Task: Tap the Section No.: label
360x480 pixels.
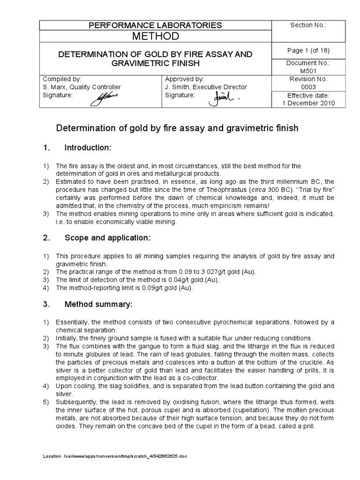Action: pyautogui.click(x=308, y=25)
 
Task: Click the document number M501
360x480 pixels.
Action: pyautogui.click(x=308, y=70)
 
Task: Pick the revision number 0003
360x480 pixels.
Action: pyautogui.click(x=308, y=87)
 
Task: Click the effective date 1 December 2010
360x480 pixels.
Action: pyautogui.click(x=308, y=104)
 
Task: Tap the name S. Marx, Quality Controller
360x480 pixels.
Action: pyautogui.click(x=82, y=87)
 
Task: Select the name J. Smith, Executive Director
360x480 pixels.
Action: pyautogui.click(x=206, y=87)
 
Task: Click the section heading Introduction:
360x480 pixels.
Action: pyautogui.click(x=87, y=148)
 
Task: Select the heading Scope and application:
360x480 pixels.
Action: pyautogui.click(x=107, y=238)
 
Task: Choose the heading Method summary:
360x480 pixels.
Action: pyautogui.click(x=98, y=304)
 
